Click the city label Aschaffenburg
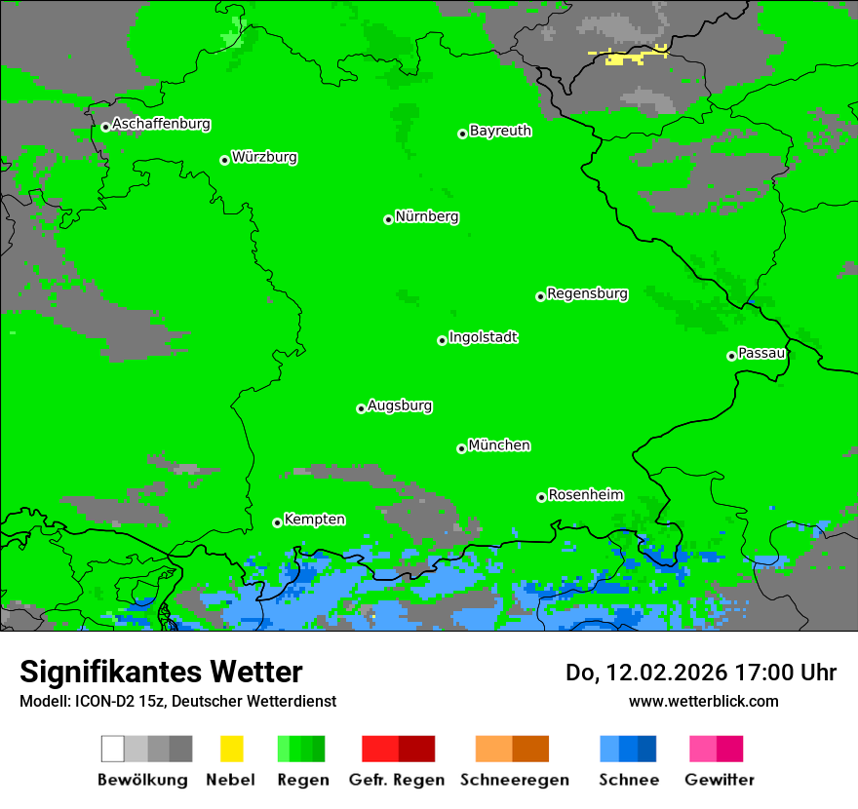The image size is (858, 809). click(x=161, y=125)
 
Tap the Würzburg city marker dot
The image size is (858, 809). click(x=224, y=160)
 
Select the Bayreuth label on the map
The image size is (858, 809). click(x=500, y=131)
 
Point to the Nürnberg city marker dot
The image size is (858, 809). click(x=388, y=219)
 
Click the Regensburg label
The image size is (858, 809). click(x=587, y=293)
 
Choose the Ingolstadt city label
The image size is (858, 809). click(x=483, y=338)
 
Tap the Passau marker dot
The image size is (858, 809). click(x=731, y=356)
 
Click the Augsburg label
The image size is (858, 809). click(x=400, y=406)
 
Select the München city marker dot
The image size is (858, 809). click(x=461, y=448)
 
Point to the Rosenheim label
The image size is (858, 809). click(x=585, y=495)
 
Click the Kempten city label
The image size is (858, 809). click(x=314, y=520)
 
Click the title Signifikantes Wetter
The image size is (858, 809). click(x=161, y=672)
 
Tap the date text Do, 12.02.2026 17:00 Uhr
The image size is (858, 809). click(x=700, y=673)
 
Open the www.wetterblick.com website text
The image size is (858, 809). click(x=703, y=701)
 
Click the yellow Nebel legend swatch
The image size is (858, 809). click(x=231, y=749)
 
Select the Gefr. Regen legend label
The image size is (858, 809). click(x=397, y=780)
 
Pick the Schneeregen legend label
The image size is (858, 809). click(x=514, y=780)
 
